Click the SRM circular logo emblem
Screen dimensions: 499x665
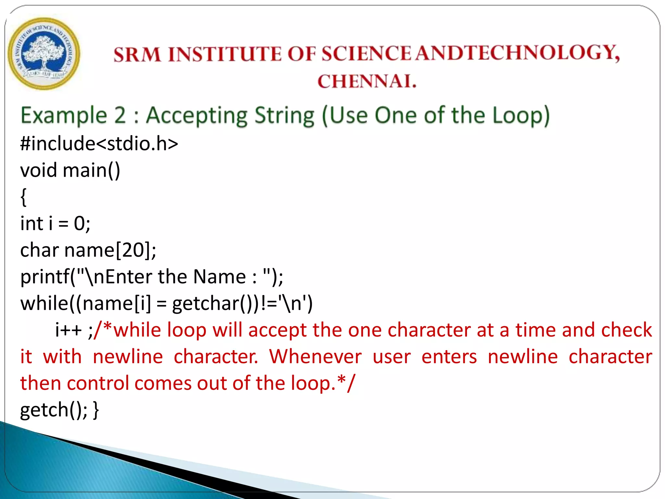[x=44, y=54]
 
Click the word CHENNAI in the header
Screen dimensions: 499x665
[x=367, y=81]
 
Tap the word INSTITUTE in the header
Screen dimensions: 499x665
[x=225, y=54]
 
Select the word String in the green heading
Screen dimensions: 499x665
[x=284, y=116]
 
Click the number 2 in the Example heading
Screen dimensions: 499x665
[x=120, y=115]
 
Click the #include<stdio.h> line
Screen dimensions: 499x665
[x=99, y=144]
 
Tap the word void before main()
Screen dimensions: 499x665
[x=39, y=170]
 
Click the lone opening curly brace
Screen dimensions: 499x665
[x=23, y=197]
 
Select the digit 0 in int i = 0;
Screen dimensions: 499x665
[x=80, y=224]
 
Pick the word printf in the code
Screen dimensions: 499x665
[x=45, y=277]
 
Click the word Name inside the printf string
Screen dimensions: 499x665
[x=219, y=277]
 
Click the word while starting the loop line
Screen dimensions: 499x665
[x=44, y=304]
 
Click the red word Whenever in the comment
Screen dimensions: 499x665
[x=315, y=357]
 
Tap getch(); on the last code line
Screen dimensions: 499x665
[x=54, y=410]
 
